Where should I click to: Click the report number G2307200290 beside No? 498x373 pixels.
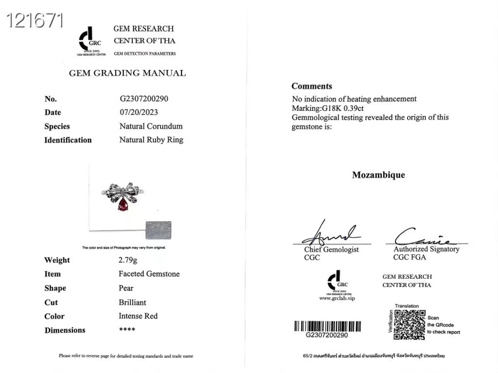(x=144, y=98)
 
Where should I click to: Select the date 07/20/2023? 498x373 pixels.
(x=139, y=112)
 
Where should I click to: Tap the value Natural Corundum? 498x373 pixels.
(x=151, y=126)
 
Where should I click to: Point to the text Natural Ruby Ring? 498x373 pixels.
(x=151, y=140)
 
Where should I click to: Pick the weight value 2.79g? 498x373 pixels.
(x=128, y=260)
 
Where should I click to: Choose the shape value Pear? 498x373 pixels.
(x=126, y=288)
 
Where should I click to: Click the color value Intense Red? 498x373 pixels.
(x=138, y=316)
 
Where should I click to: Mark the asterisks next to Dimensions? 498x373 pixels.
(x=127, y=330)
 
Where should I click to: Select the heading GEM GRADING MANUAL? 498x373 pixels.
(x=127, y=73)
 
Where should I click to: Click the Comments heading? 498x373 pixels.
(x=312, y=86)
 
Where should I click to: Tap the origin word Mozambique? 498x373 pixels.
(x=378, y=175)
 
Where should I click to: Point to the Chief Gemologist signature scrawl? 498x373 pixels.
(x=331, y=234)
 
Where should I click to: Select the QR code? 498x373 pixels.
(x=409, y=324)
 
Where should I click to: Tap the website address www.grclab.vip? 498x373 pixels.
(x=337, y=298)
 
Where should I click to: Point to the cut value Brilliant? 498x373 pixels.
(x=132, y=302)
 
